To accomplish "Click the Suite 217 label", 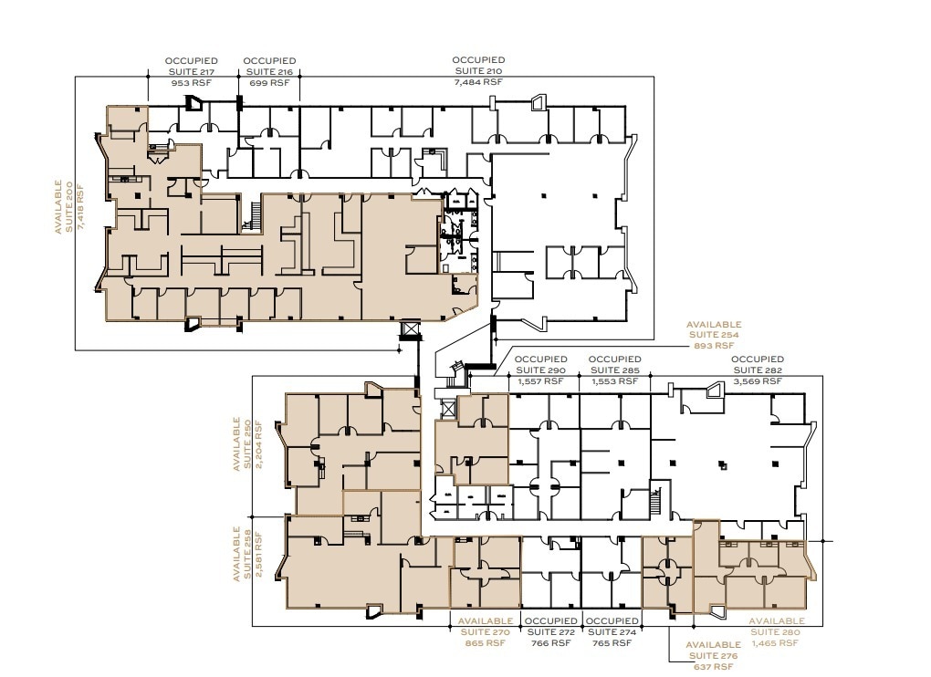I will [191, 71].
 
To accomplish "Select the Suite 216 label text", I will [269, 71].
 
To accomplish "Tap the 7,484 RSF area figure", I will [478, 82].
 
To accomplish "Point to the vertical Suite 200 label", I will [69, 205].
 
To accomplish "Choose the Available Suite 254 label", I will [714, 335].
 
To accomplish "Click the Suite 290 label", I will [541, 370].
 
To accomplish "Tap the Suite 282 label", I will [758, 370].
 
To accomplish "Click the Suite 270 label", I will [485, 632].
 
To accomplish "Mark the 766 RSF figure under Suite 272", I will [549, 643].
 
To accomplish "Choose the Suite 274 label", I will [610, 632].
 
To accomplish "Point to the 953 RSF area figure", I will [191, 82].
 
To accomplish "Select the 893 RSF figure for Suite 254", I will [714, 346].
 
